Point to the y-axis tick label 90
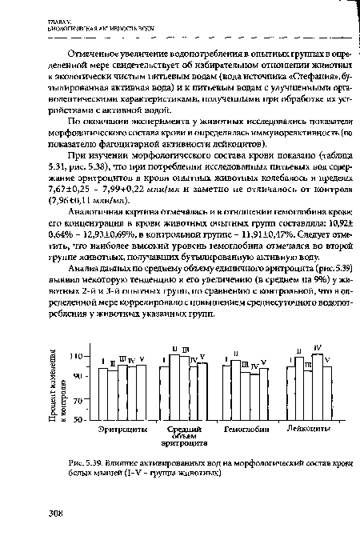(77, 375)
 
